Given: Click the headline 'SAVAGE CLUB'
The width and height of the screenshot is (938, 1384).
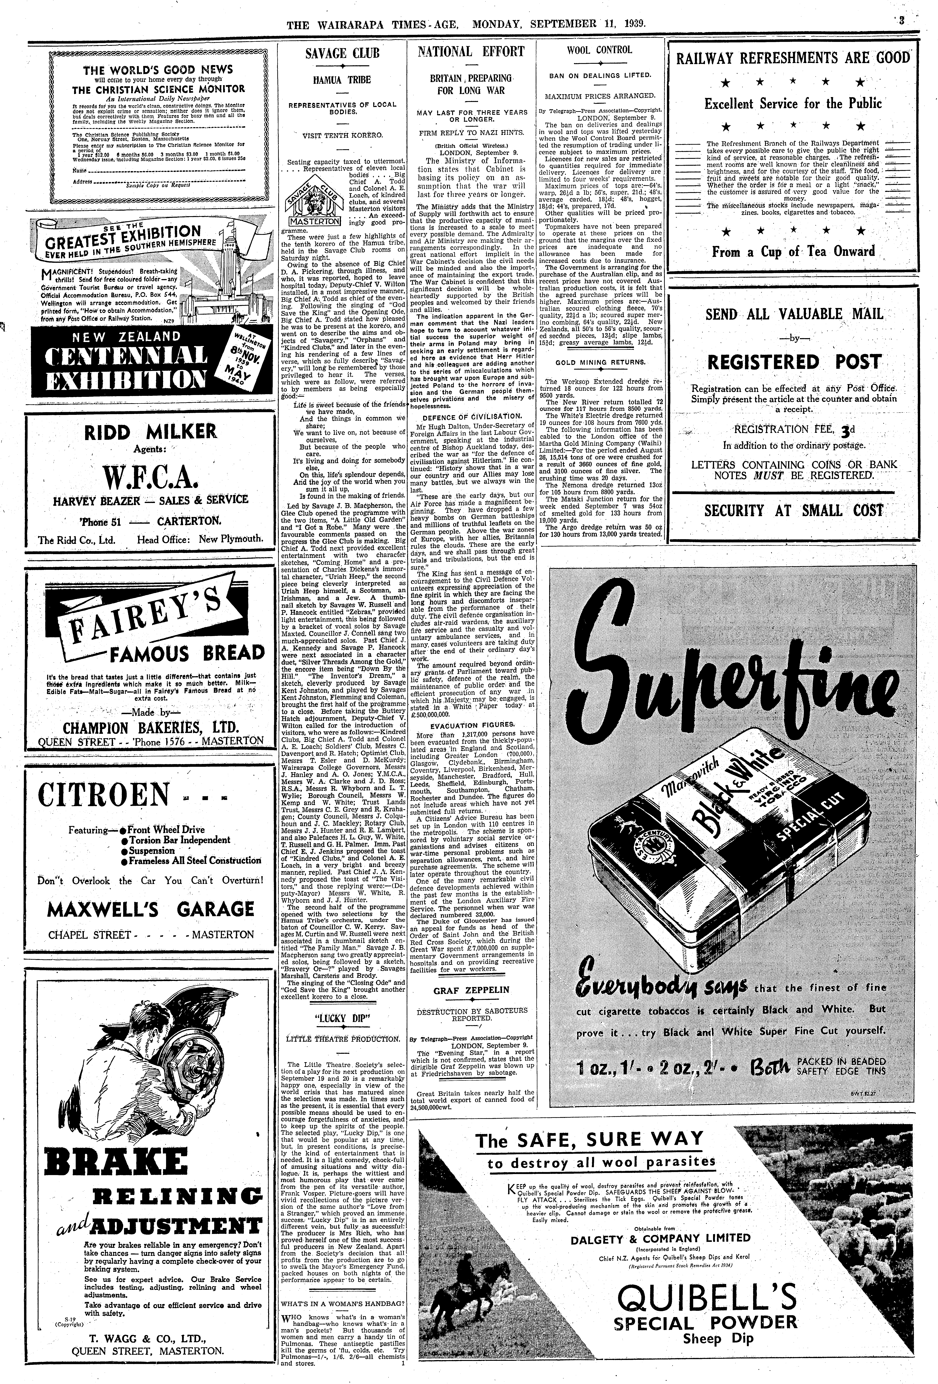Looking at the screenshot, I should click(342, 53).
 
